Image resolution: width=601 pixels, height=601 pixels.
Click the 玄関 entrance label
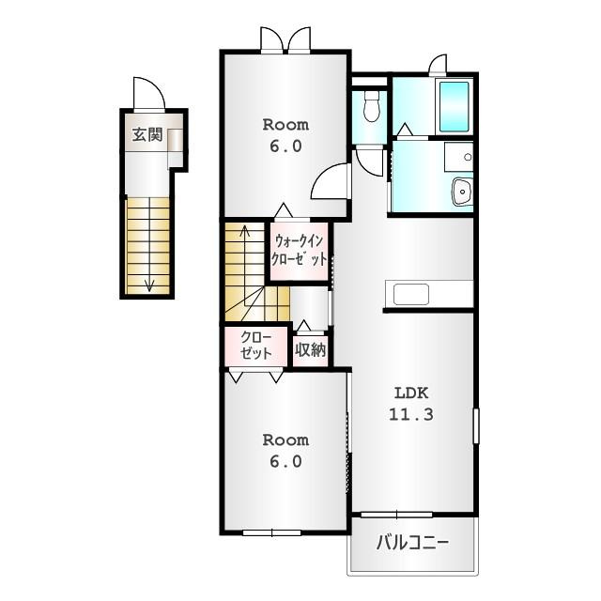point(147,134)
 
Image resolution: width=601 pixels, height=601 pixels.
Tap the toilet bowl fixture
point(371,106)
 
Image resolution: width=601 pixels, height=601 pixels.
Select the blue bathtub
point(455,106)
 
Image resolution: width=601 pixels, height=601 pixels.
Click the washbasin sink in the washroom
point(462,192)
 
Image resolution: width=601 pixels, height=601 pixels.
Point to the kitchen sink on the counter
point(411,294)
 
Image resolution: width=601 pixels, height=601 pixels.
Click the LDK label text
point(411,393)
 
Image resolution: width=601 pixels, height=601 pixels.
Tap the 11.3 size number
point(411,414)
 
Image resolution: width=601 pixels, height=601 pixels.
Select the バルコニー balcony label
point(412,543)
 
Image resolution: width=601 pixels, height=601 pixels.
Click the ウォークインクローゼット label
point(299,251)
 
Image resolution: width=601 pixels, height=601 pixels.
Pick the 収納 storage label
point(311,349)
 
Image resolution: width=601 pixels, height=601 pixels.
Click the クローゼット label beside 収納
point(256,345)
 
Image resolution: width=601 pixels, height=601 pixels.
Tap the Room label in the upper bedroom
point(285,125)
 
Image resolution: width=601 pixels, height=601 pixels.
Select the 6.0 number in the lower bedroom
point(285,461)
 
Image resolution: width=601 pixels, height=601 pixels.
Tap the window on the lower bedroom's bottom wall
point(271,532)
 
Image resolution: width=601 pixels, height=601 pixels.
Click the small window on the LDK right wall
point(476,426)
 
